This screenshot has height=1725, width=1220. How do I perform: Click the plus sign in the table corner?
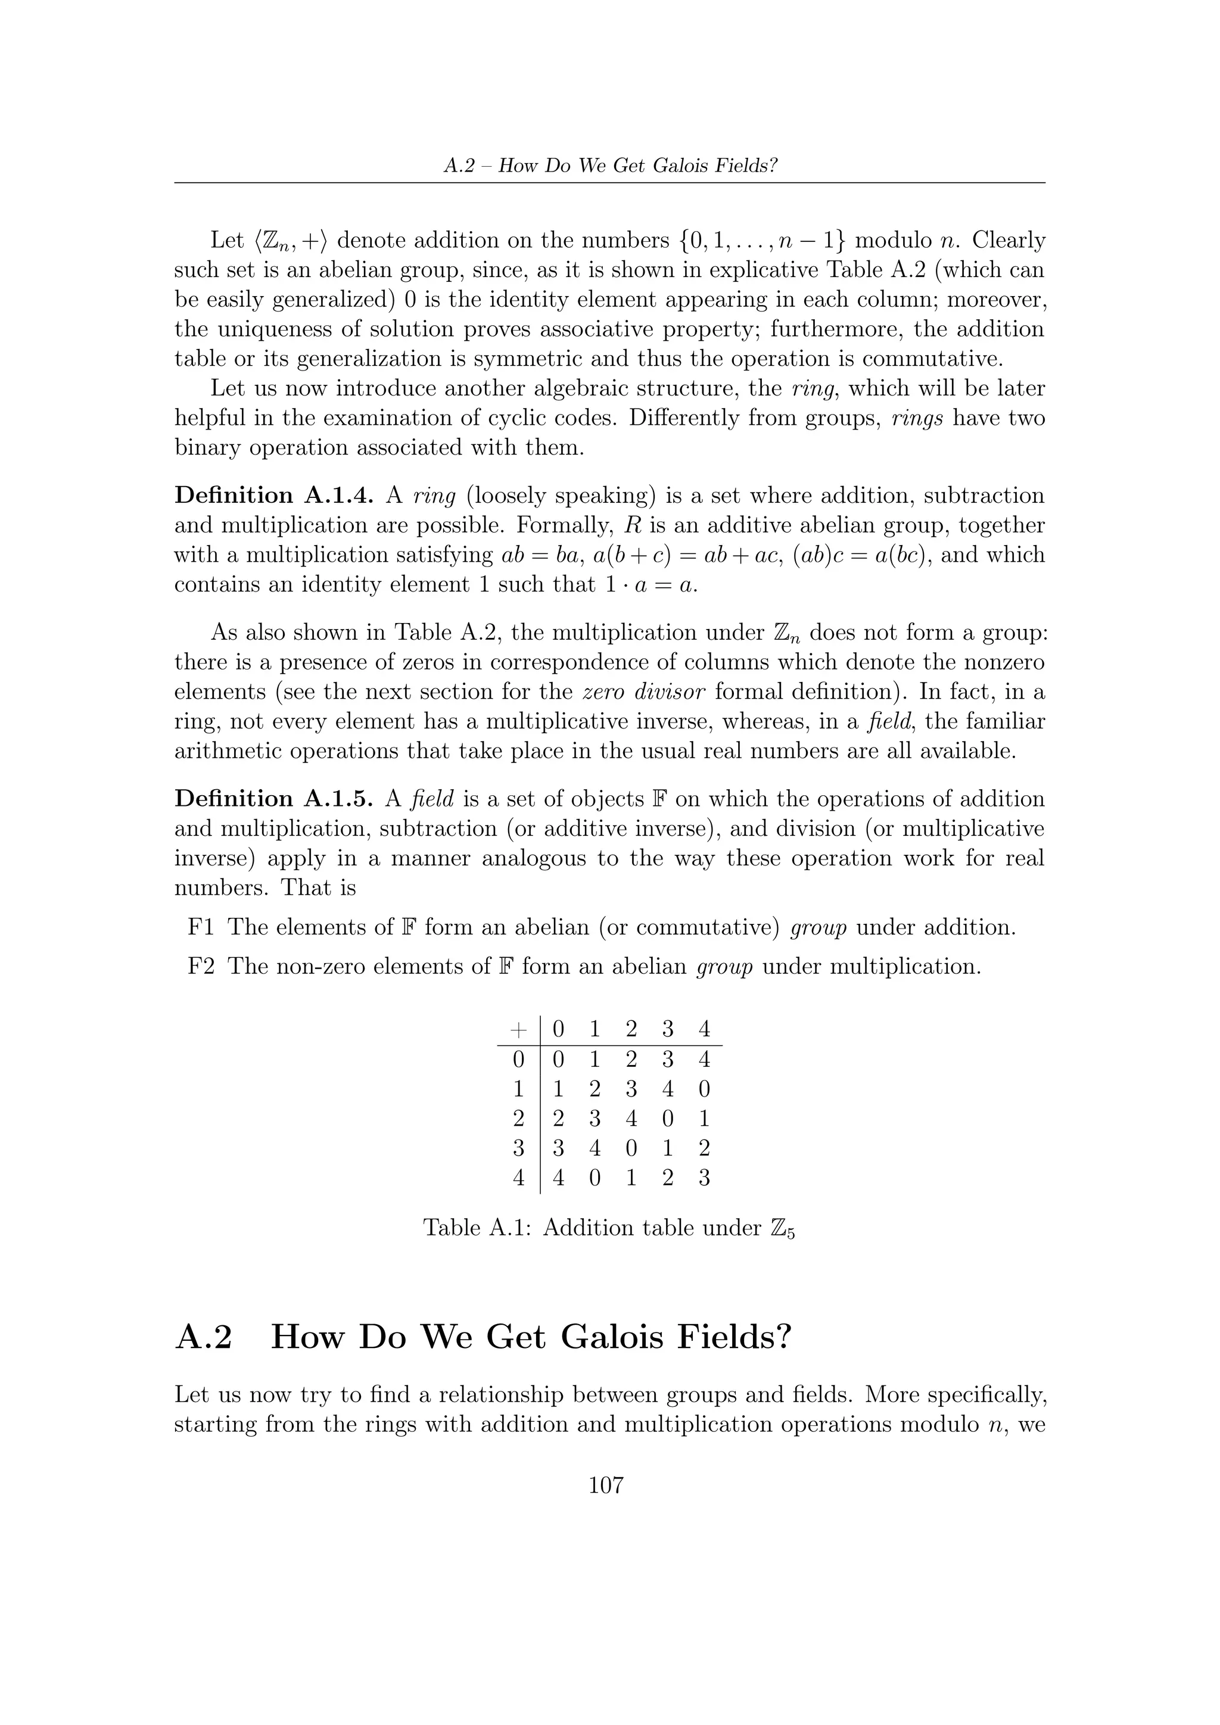[x=518, y=1029]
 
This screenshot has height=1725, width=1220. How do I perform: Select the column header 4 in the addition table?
[x=704, y=1029]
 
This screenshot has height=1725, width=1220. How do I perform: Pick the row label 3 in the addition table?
[x=518, y=1148]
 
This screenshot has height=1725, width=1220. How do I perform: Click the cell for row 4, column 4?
[x=704, y=1178]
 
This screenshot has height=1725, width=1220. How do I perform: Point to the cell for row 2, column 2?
[x=631, y=1119]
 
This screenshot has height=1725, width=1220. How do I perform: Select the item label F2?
[x=201, y=966]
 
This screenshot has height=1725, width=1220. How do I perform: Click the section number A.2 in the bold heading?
[x=204, y=1338]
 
